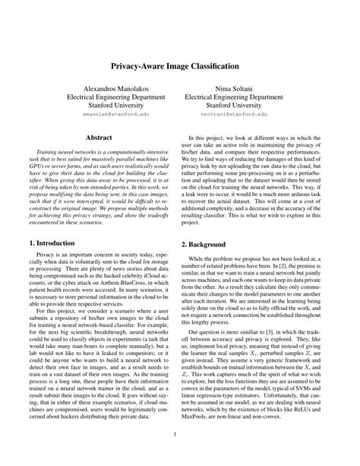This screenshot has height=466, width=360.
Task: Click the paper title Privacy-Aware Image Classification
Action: (x=179, y=67)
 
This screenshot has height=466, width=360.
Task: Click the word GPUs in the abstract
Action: (x=36, y=166)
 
